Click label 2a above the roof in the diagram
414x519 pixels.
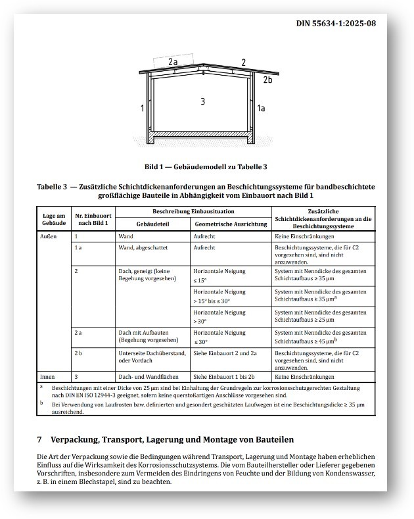pos(173,62)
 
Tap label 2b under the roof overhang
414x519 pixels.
pos(267,80)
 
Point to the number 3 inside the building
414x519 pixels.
pos(203,101)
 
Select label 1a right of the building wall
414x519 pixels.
pos(261,107)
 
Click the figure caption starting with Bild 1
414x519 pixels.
pos(205,167)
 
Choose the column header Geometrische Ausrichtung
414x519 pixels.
pos(230,224)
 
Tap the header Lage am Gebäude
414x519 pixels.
pos(54,220)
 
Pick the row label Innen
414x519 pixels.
pos(47,377)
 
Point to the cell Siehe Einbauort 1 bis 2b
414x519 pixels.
pos(225,377)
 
